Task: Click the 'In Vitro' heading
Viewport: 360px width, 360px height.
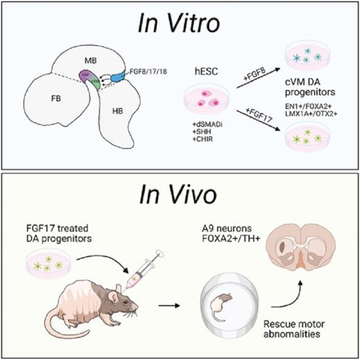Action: click(179, 24)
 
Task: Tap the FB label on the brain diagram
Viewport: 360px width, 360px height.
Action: click(44, 100)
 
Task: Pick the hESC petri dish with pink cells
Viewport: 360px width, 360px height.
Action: click(204, 99)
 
